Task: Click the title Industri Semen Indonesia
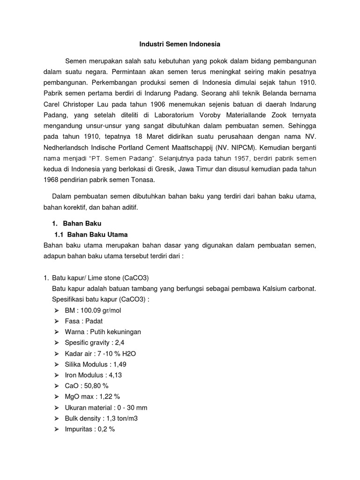tap(180, 45)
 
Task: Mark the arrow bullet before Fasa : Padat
tap(57, 321)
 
